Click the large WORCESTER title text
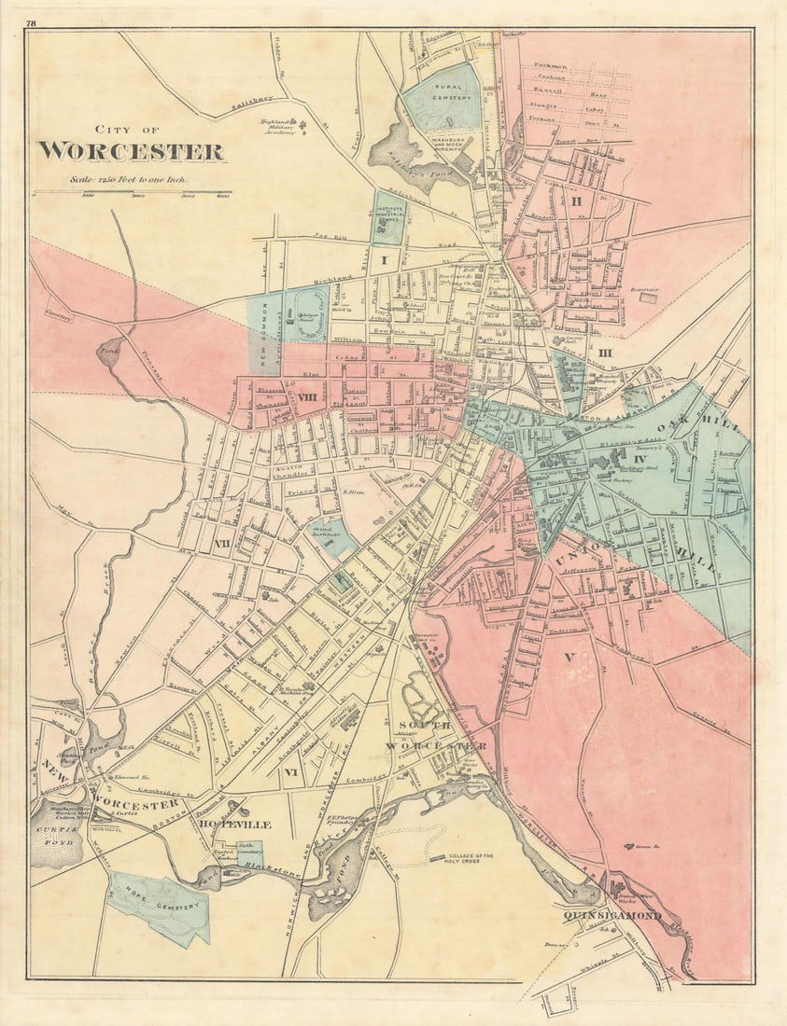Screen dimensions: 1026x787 tap(131, 151)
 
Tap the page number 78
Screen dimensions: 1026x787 tap(32, 22)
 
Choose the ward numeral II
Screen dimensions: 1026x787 tap(576, 201)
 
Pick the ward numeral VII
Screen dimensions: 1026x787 tap(222, 543)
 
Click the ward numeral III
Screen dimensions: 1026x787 tap(604, 353)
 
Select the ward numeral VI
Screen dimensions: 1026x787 tap(290, 772)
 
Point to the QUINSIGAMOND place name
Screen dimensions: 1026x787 tap(611, 915)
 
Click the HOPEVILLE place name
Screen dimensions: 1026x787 tap(234, 825)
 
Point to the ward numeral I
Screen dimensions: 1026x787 tap(384, 260)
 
